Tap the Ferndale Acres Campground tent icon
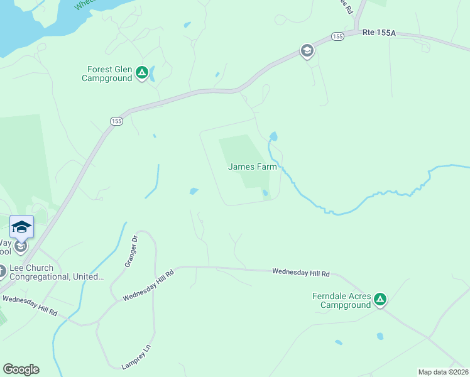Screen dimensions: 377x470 coord(380,300)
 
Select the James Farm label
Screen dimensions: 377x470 coord(252,167)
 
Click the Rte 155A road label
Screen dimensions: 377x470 coord(379,33)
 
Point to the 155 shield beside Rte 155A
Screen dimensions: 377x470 coord(338,36)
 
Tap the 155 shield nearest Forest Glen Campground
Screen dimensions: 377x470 coord(116,121)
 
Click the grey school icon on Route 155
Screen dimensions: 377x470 coord(307,51)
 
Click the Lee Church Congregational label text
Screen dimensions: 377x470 coord(57,272)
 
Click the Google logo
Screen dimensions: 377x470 coord(21,369)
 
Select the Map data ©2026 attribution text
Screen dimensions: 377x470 coord(444,372)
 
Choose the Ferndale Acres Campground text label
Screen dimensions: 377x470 coord(342,300)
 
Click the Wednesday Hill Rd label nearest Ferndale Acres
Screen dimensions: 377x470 coord(301,272)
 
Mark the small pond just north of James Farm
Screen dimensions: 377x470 coord(273,136)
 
